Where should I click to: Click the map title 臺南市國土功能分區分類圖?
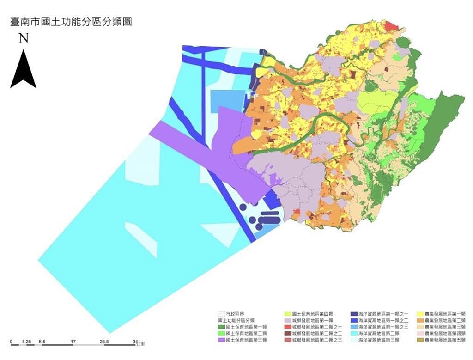[x=71, y=22]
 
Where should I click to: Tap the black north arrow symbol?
[x=23, y=69]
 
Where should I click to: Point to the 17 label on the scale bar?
[x=73, y=342]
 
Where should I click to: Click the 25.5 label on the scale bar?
[x=104, y=342]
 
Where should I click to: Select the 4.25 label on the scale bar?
[x=27, y=342]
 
